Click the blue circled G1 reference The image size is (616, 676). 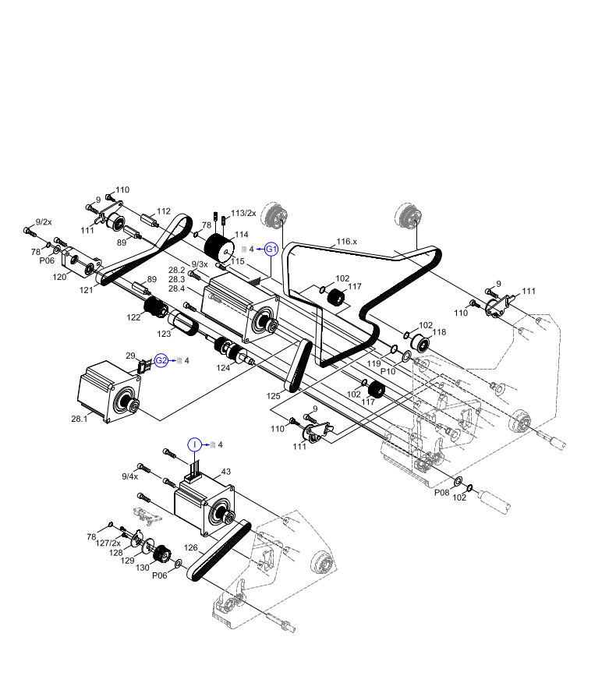271,249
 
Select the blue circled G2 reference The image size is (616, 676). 161,360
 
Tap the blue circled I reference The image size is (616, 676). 194,444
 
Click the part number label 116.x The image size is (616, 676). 346,242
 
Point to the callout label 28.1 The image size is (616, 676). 80,419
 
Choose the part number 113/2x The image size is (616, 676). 243,213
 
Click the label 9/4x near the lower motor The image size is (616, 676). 129,476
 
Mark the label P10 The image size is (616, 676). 388,371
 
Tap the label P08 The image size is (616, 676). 441,492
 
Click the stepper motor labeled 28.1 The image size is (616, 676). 109,393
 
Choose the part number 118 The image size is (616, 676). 439,332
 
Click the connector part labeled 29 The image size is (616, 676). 143,365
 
